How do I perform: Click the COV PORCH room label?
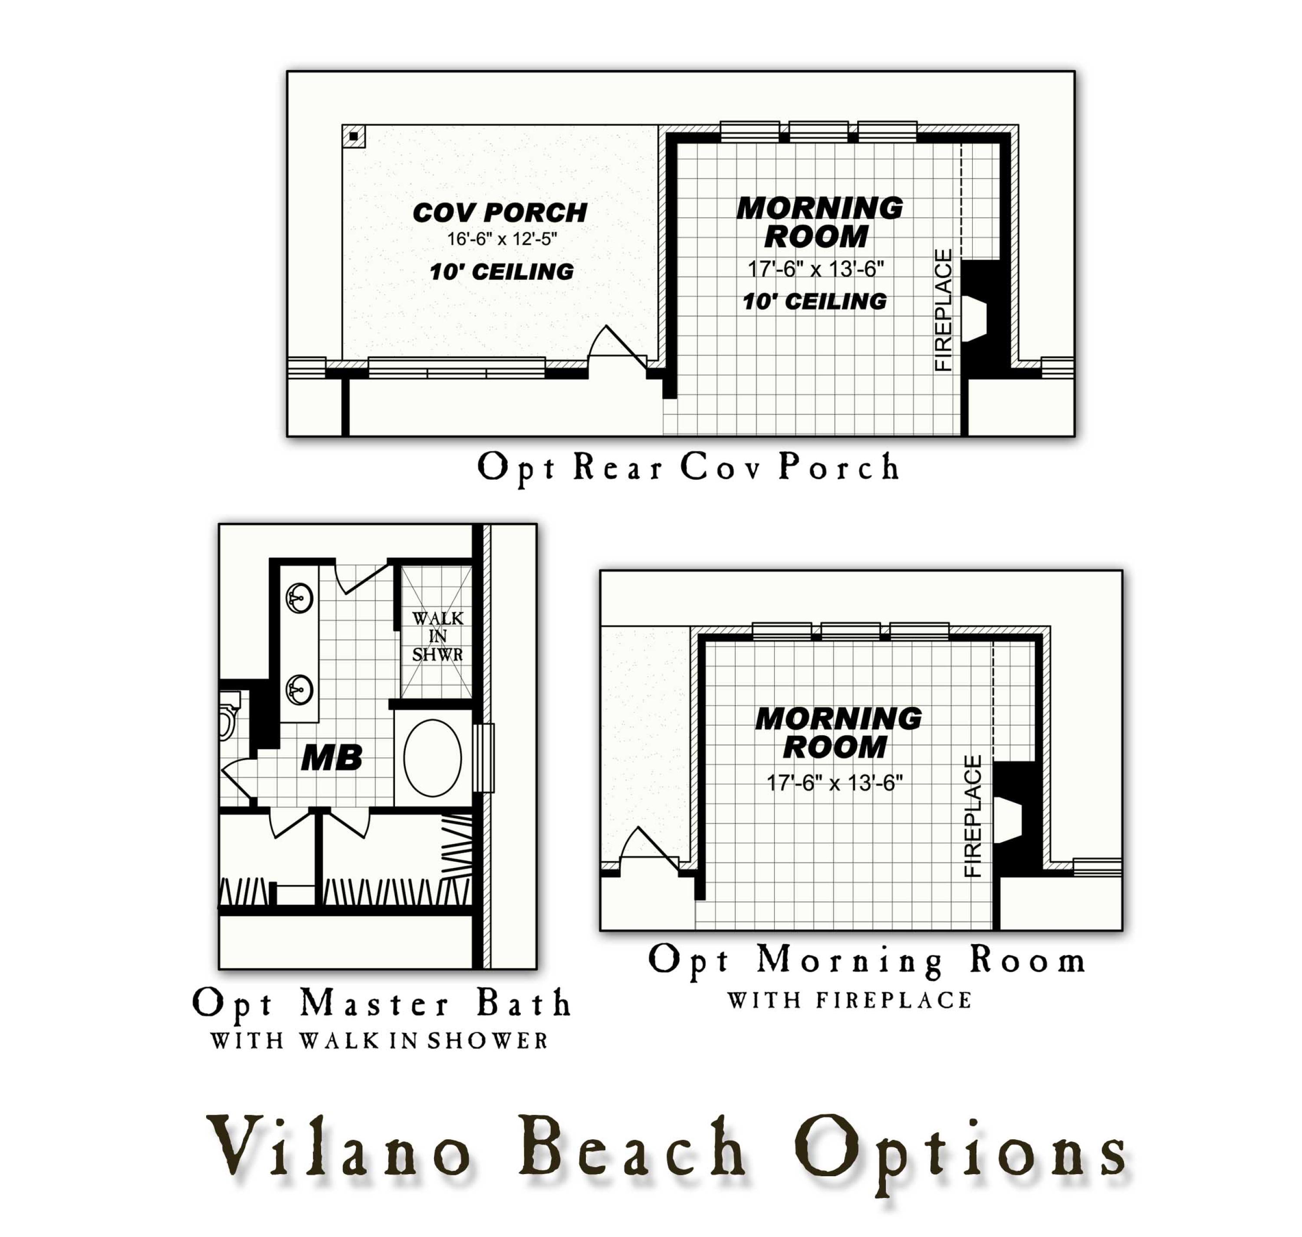click(499, 212)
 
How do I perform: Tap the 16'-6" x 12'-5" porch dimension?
click(502, 239)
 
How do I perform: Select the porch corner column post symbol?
click(353, 136)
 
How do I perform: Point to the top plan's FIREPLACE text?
click(944, 310)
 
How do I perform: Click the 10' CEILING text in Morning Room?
click(814, 301)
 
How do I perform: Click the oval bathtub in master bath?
click(432, 758)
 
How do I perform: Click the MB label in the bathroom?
click(331, 758)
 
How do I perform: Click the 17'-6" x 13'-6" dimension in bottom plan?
click(834, 783)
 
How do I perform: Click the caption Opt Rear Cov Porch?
click(687, 467)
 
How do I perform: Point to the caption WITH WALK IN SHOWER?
click(379, 1040)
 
